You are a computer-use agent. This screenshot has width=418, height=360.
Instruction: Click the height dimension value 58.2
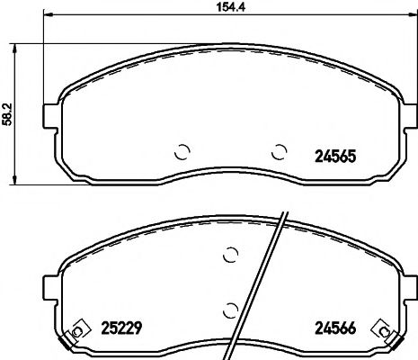[9, 114]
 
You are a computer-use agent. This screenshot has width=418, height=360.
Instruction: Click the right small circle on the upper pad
[280, 151]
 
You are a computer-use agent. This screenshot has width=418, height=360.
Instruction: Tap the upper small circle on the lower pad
[230, 255]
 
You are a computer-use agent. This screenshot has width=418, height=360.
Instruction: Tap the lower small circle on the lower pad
[230, 310]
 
